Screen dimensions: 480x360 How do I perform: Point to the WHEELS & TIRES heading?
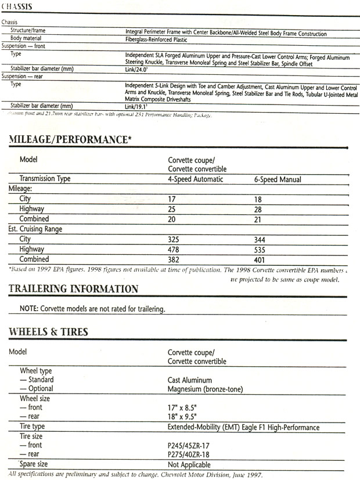[x=48, y=332]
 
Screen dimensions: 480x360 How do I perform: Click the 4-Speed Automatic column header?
[x=195, y=179]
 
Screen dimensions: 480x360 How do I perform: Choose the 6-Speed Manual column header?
[x=278, y=179]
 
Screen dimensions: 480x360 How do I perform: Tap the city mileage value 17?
[x=172, y=199]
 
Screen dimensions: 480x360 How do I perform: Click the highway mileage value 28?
[x=258, y=208]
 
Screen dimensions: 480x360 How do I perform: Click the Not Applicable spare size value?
[x=189, y=465]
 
